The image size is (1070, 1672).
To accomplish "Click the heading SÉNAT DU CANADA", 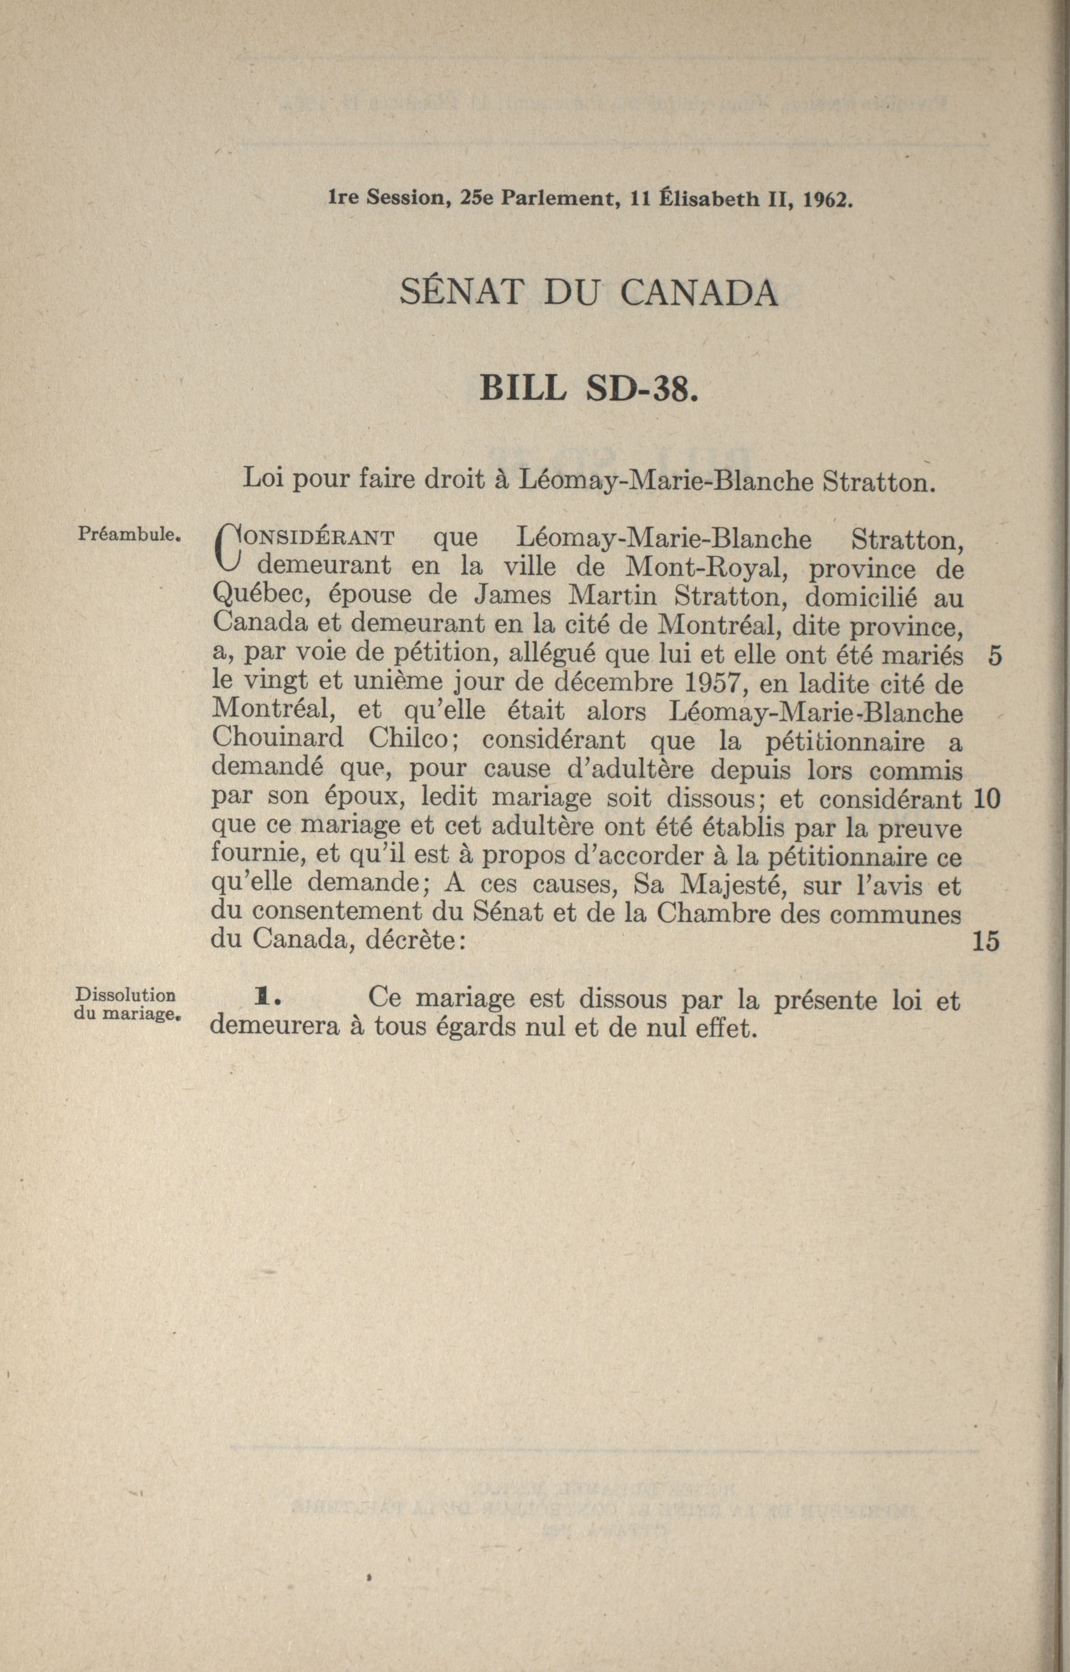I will pyautogui.click(x=589, y=293).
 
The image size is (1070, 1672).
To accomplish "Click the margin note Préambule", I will pyautogui.click(x=130, y=536).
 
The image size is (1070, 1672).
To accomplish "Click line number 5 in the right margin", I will pyautogui.click(x=995, y=657).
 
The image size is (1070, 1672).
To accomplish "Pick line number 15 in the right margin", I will pyautogui.click(x=987, y=941).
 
